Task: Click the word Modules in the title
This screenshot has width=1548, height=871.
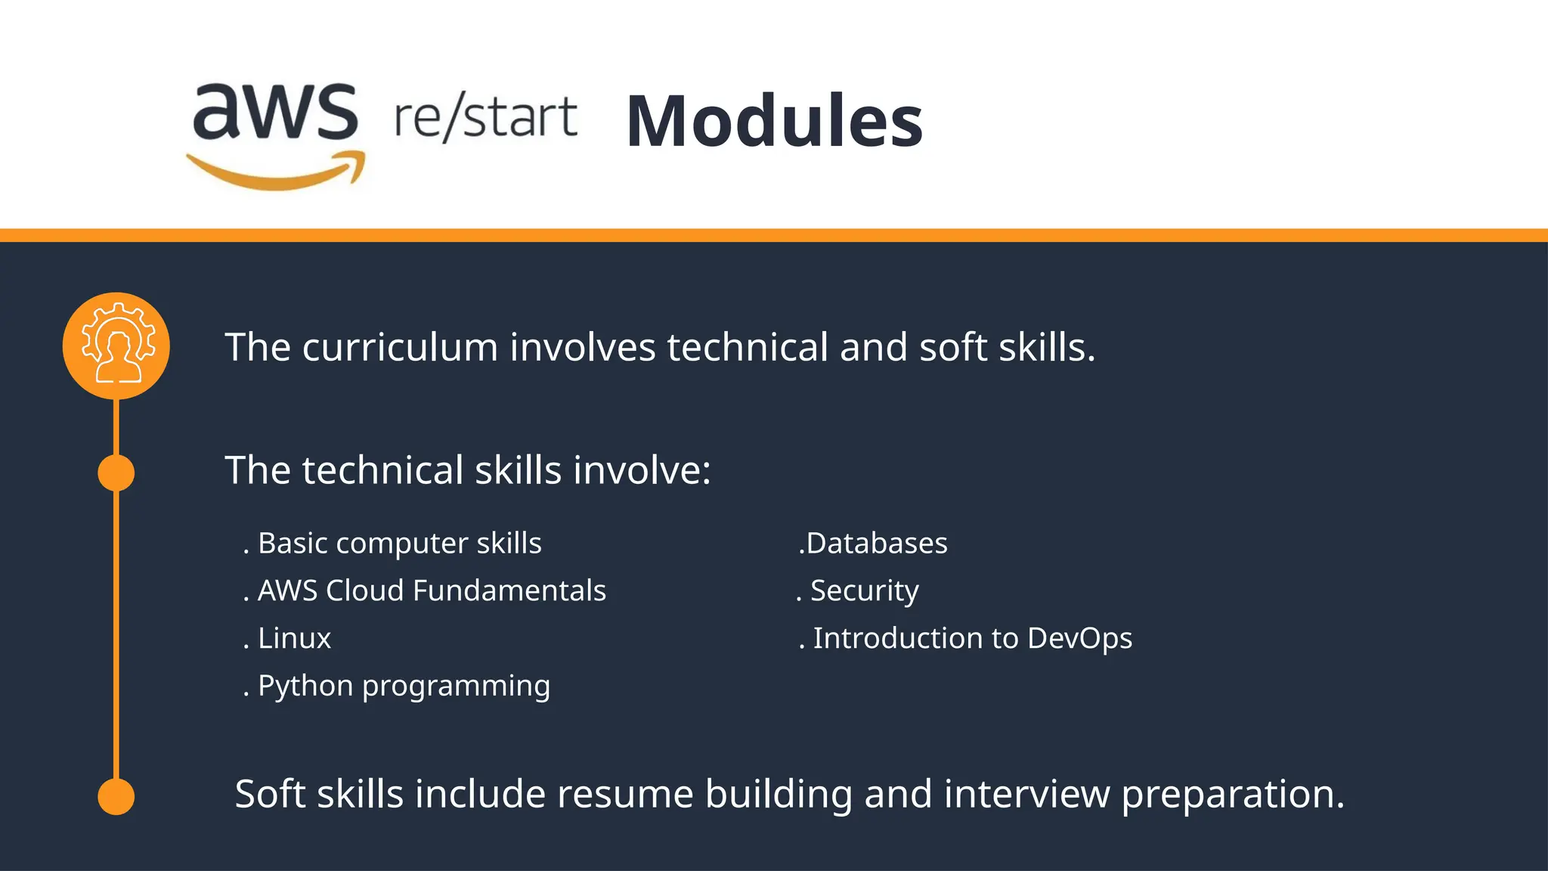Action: pyautogui.click(x=774, y=121)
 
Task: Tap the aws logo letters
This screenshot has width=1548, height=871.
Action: pyautogui.click(x=275, y=113)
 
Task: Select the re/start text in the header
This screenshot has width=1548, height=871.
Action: pyautogui.click(x=485, y=118)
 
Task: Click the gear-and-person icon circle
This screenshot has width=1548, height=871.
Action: pyautogui.click(x=116, y=346)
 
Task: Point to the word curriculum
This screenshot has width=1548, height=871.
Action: pyautogui.click(x=400, y=348)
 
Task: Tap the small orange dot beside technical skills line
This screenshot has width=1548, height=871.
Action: pyautogui.click(x=116, y=473)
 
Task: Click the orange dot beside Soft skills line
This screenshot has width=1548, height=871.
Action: pyautogui.click(x=116, y=796)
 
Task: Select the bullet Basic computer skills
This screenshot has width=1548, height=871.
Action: pyautogui.click(x=399, y=544)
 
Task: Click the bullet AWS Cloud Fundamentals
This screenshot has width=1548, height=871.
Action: pyautogui.click(x=431, y=590)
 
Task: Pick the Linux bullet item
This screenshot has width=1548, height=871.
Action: pyautogui.click(x=294, y=638)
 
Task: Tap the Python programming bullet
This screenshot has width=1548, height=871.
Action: pyautogui.click(x=404, y=686)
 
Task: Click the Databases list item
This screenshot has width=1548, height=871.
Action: pyautogui.click(x=875, y=544)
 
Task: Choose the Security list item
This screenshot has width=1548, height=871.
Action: pyautogui.click(x=864, y=590)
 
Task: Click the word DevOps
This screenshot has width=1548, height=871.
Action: pyautogui.click(x=1079, y=639)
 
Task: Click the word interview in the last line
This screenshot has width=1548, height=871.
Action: pyautogui.click(x=1026, y=795)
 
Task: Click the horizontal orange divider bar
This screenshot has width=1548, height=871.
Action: pyautogui.click(x=774, y=235)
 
